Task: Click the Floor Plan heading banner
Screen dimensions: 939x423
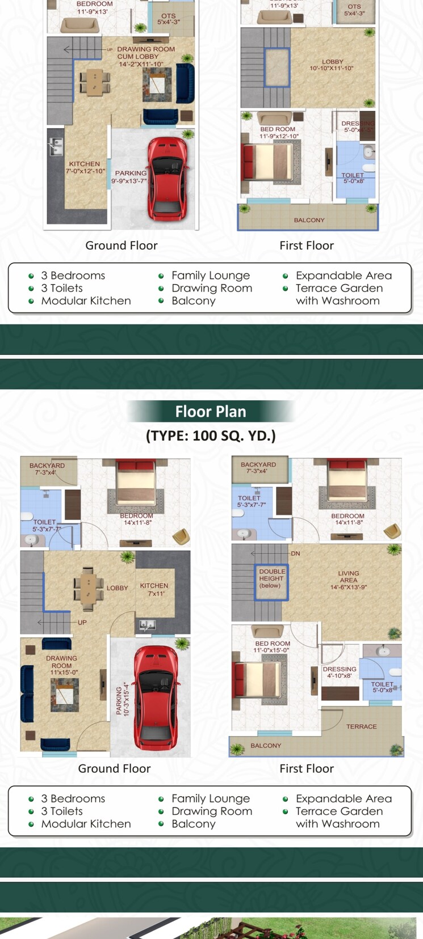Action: pos(211,411)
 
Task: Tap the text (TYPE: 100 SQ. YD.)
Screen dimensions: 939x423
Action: pos(211,435)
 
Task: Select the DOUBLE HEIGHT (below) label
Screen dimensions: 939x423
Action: pos(272,578)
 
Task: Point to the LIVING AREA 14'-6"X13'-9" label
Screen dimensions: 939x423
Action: pos(349,580)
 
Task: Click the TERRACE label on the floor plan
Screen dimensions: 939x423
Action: pos(361,726)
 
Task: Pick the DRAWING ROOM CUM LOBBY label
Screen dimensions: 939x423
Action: pos(145,57)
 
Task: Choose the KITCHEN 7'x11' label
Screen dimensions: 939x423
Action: pos(154,589)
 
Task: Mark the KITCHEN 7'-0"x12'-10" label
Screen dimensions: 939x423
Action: pos(85,167)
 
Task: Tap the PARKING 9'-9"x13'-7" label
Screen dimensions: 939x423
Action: pos(130,177)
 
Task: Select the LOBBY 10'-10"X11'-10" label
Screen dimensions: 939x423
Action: pos(332,65)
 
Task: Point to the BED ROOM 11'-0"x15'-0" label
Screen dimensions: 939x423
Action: pos(272,647)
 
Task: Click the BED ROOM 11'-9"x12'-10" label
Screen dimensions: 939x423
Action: pos(278,133)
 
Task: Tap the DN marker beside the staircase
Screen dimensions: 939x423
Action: pos(295,553)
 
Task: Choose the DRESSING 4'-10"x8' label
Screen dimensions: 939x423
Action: pos(339,672)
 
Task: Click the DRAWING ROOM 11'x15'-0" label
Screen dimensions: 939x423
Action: pos(62,665)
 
